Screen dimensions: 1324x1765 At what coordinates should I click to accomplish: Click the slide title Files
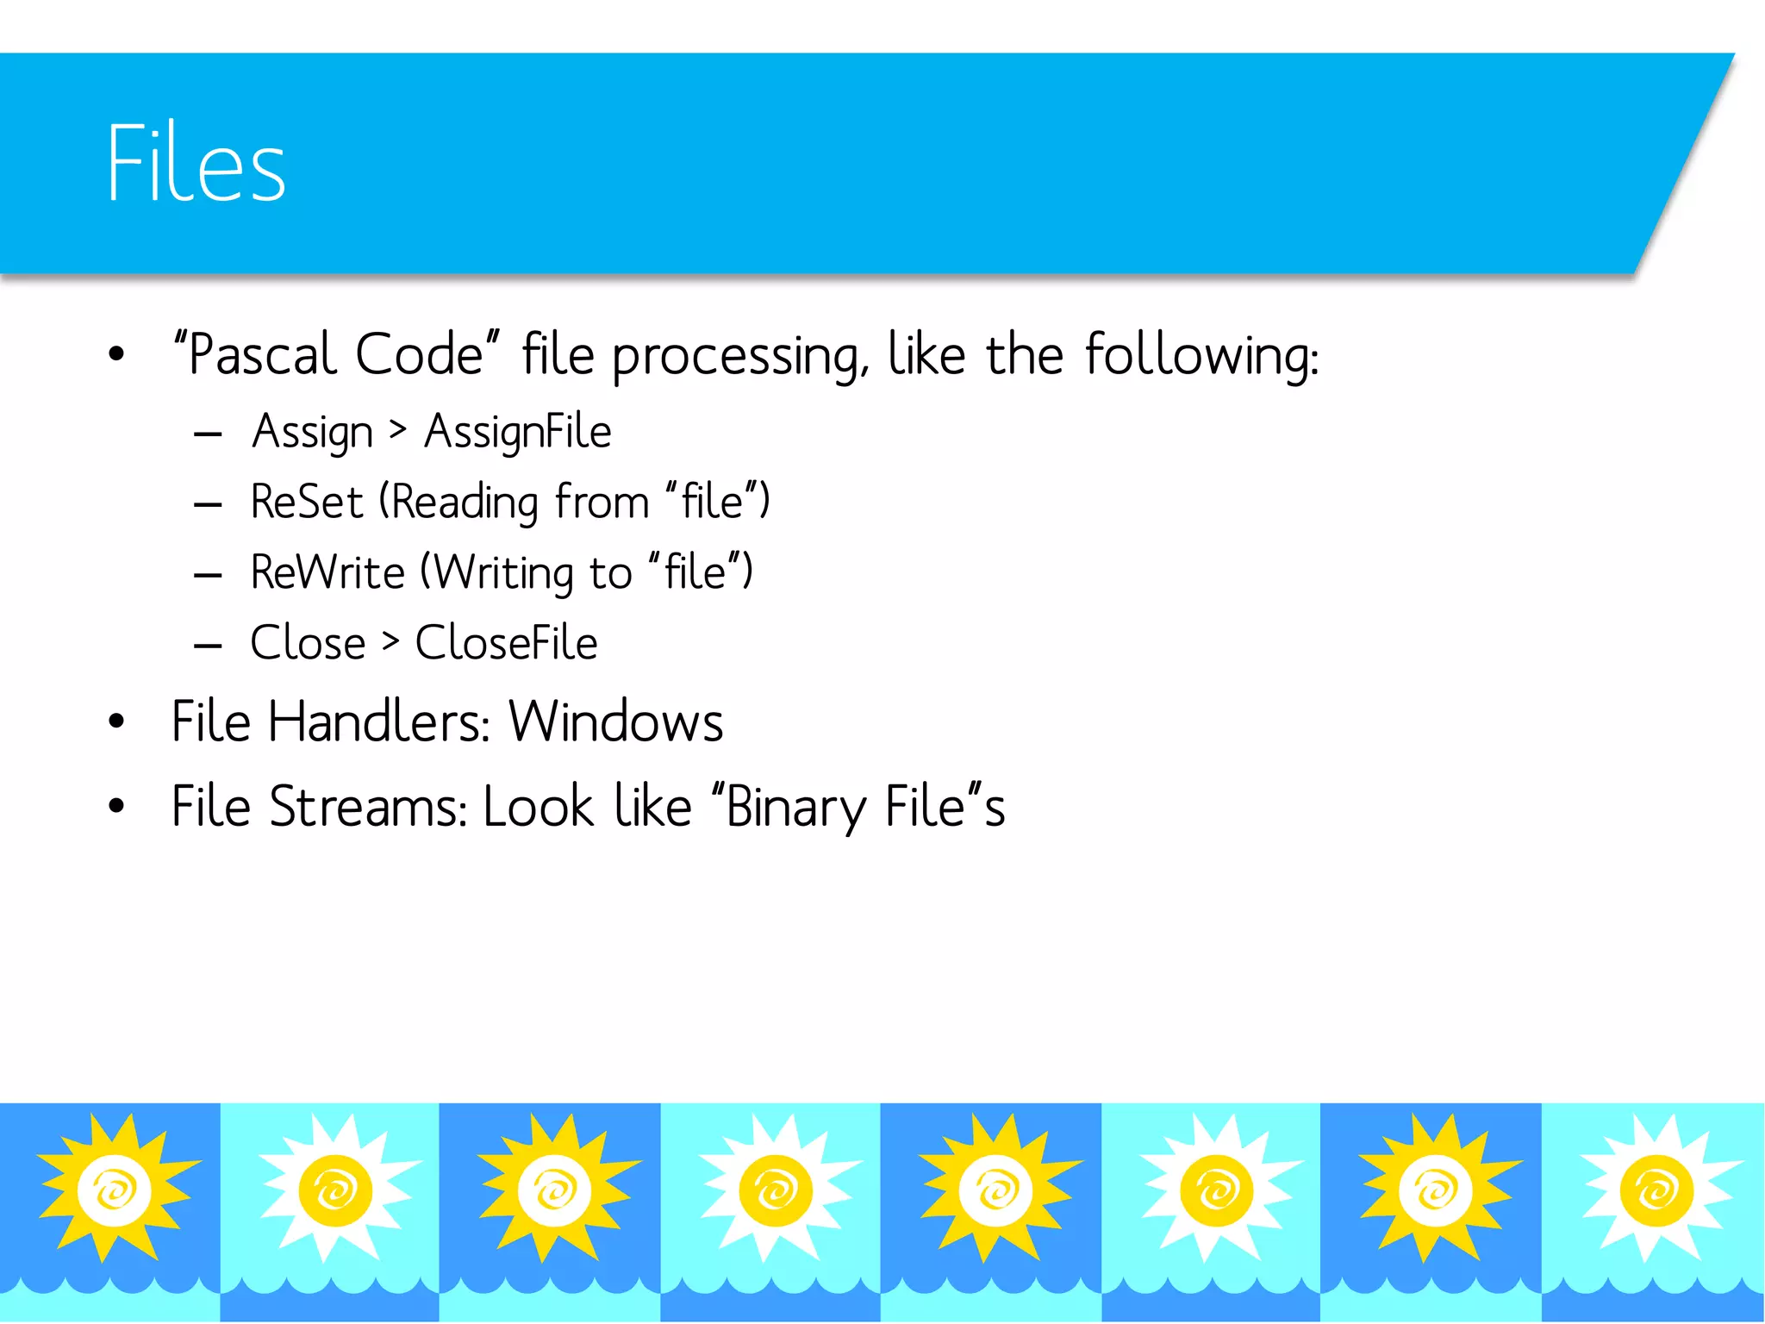(x=196, y=164)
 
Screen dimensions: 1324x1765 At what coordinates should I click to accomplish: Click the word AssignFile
(x=517, y=432)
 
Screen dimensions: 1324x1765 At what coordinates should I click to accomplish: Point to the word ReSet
(x=307, y=502)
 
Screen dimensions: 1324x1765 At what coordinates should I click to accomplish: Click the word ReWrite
(x=327, y=572)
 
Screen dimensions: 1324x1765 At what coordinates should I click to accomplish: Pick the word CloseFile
(x=506, y=643)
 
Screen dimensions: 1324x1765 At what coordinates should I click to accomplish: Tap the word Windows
(x=615, y=721)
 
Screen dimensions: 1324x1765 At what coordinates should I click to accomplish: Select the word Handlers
(x=379, y=721)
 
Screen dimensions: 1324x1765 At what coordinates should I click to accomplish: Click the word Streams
(x=367, y=807)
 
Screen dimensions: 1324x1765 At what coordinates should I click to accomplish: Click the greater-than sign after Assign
(x=397, y=430)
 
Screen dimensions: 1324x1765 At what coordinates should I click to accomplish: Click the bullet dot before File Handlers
(x=116, y=721)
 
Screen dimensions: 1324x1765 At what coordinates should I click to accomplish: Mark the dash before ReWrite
(x=208, y=575)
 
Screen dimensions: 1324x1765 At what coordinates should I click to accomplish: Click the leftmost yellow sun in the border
(x=115, y=1190)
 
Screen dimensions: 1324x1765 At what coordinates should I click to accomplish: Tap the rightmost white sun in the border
(x=1655, y=1190)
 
